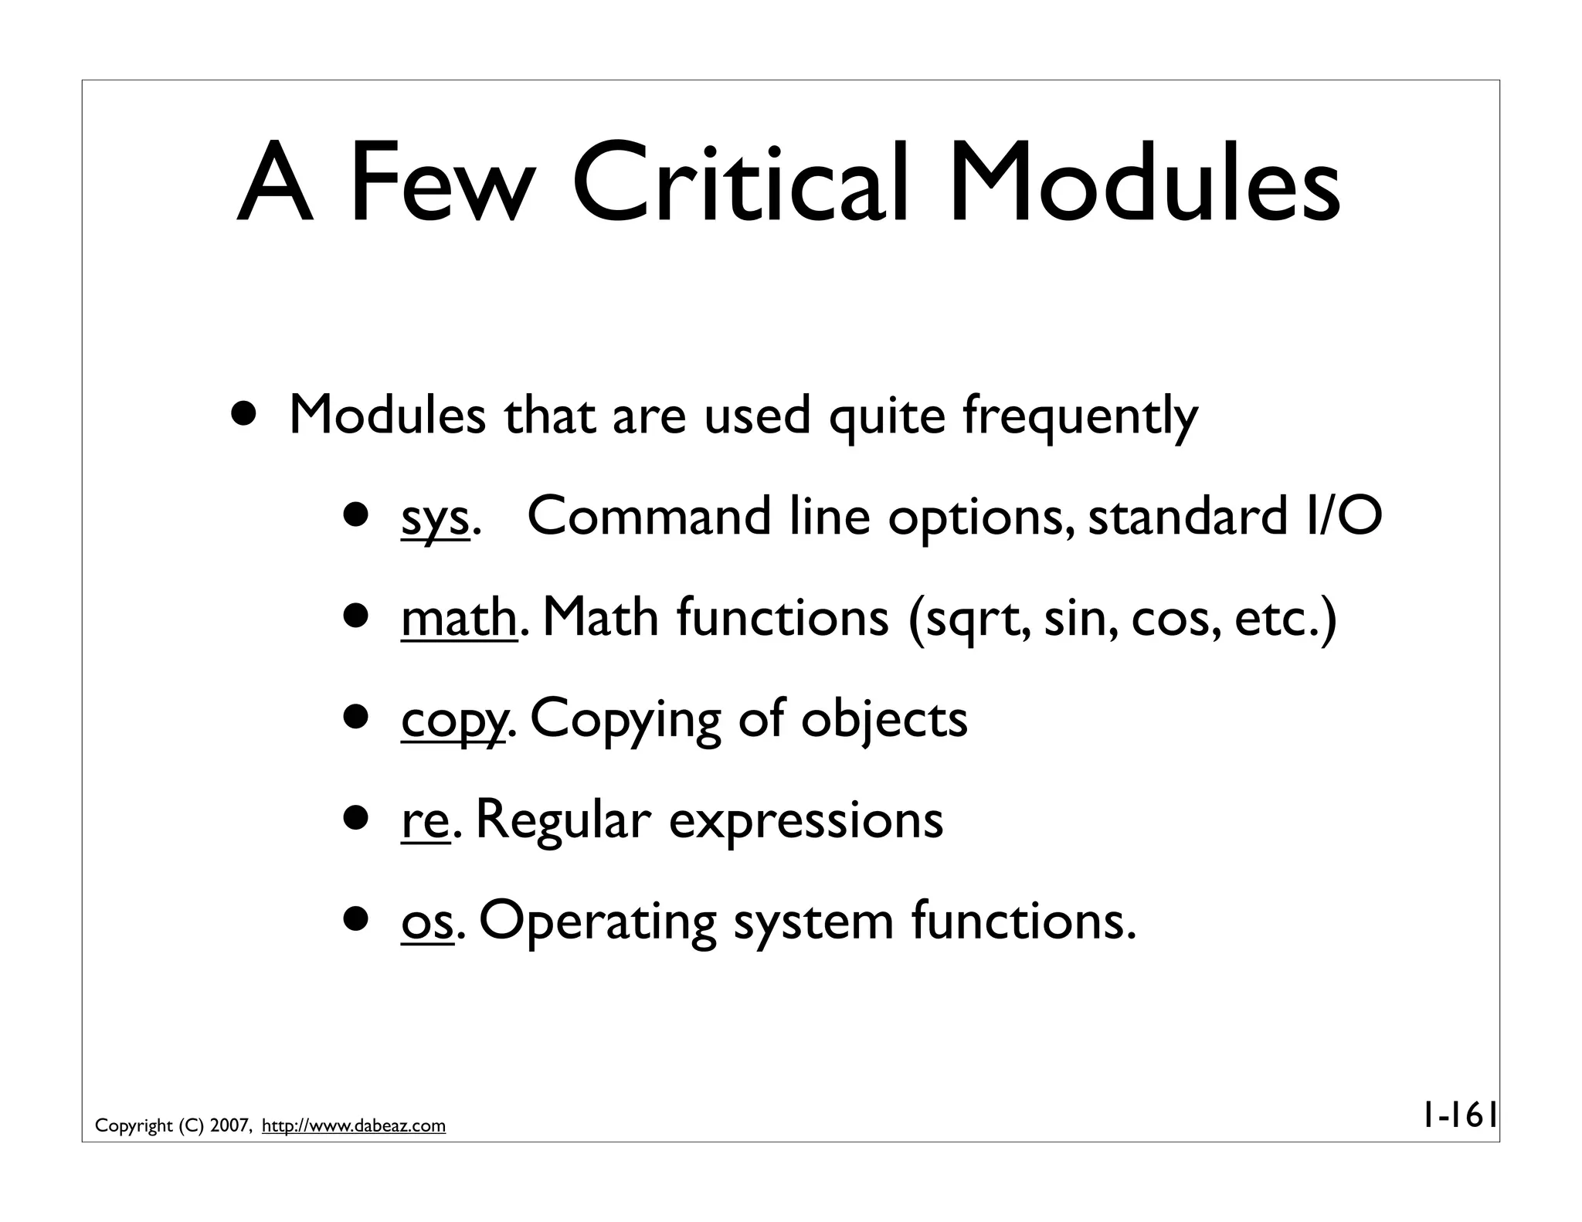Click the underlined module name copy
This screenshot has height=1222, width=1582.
pyautogui.click(x=453, y=721)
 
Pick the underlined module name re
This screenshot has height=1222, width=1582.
pyautogui.click(x=425, y=821)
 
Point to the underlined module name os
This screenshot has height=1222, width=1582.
pyautogui.click(x=426, y=922)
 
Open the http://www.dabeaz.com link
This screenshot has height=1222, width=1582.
pyautogui.click(x=354, y=1126)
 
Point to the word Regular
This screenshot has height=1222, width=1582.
pyautogui.click(x=563, y=821)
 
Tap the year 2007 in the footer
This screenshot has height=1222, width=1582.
pyautogui.click(x=229, y=1126)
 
